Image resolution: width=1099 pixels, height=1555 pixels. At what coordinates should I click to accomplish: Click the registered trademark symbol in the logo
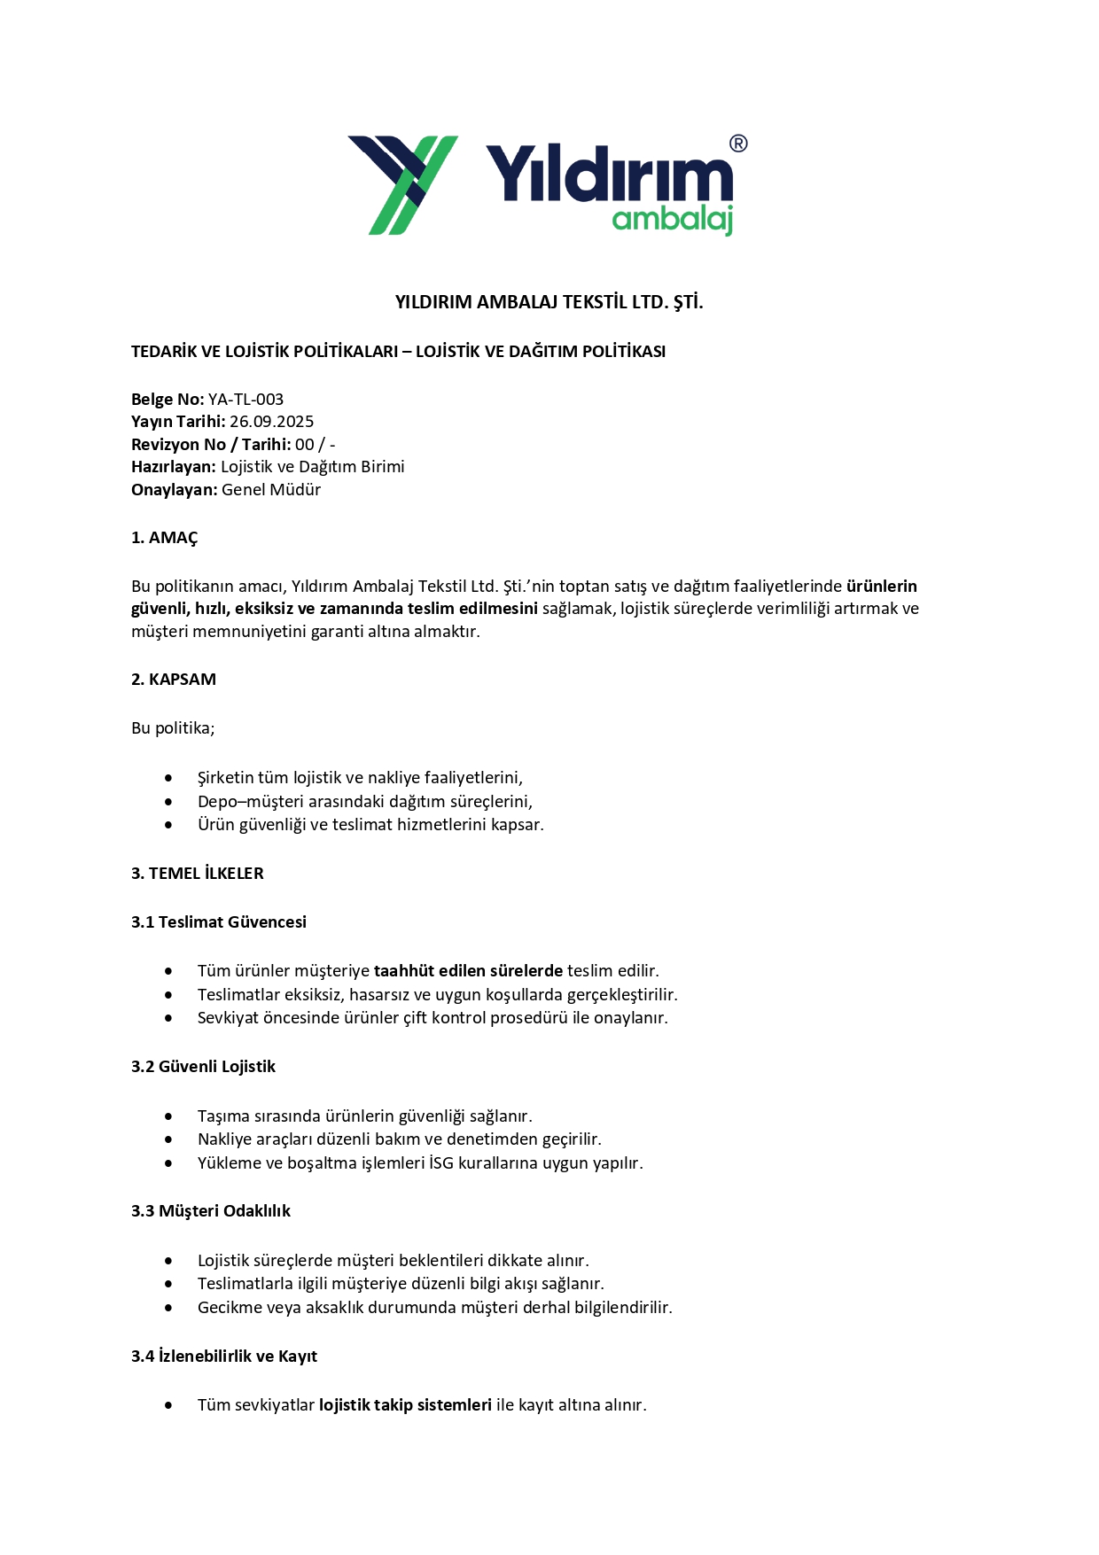pyautogui.click(x=737, y=144)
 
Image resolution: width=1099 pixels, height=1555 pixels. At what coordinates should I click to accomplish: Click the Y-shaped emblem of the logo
pyautogui.click(x=402, y=184)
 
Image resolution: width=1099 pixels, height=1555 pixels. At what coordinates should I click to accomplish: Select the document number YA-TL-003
pyautogui.click(x=246, y=400)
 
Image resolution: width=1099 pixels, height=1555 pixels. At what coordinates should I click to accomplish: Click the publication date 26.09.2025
pyautogui.click(x=271, y=422)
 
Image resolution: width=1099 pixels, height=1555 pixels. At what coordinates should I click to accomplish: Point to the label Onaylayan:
pyautogui.click(x=174, y=490)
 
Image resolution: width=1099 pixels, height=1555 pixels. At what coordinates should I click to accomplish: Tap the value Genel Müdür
pyautogui.click(x=271, y=490)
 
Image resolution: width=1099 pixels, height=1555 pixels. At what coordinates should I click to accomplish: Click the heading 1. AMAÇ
pyautogui.click(x=165, y=538)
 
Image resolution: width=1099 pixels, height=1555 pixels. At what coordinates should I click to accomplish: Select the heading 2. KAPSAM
pyautogui.click(x=174, y=680)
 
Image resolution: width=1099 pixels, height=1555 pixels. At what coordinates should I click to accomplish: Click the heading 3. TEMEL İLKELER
pyautogui.click(x=198, y=874)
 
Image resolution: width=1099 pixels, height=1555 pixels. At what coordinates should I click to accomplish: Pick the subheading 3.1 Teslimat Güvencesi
pyautogui.click(x=219, y=922)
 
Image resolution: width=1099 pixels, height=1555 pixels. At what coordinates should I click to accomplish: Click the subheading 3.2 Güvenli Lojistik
pyautogui.click(x=203, y=1067)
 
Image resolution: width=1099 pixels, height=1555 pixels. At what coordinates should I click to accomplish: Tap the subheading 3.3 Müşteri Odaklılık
pyautogui.click(x=211, y=1211)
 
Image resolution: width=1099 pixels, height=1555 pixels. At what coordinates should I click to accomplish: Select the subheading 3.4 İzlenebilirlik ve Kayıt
pyautogui.click(x=224, y=1357)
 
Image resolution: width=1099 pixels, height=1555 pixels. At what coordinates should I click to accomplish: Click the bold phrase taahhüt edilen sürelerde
pyautogui.click(x=468, y=971)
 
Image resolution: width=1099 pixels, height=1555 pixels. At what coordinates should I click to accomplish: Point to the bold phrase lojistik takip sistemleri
pyautogui.click(x=405, y=1405)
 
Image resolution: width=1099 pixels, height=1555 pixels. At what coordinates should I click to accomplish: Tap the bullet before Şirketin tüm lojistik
pyautogui.click(x=168, y=778)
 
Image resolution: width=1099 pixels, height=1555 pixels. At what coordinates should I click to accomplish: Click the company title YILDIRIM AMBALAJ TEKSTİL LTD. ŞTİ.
pyautogui.click(x=549, y=302)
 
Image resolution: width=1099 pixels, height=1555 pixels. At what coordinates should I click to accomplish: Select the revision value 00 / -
pyautogui.click(x=315, y=445)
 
